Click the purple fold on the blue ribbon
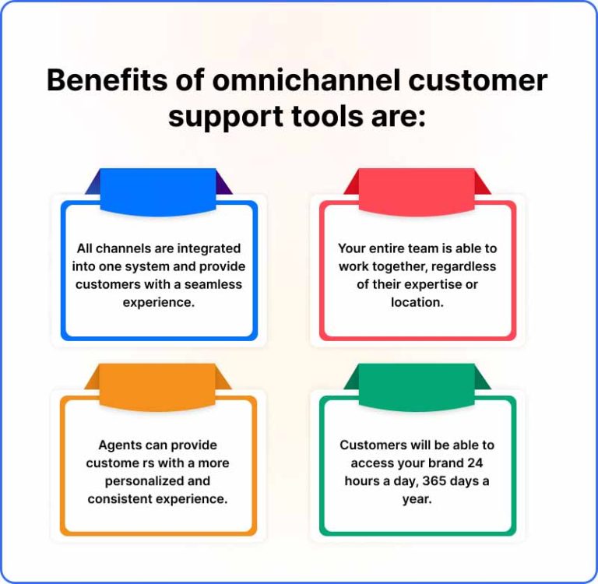click(x=224, y=185)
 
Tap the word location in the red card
click(x=417, y=302)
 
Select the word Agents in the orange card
click(x=118, y=445)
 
